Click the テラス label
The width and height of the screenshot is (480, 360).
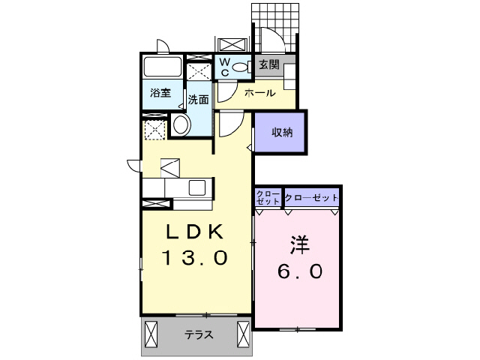pyautogui.click(x=197, y=335)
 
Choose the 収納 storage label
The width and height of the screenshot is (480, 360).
pyautogui.click(x=282, y=133)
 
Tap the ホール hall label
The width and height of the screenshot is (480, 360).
pyautogui.click(x=259, y=93)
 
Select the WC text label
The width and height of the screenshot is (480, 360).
pyautogui.click(x=224, y=67)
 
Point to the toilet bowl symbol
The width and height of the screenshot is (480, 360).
pyautogui.click(x=240, y=67)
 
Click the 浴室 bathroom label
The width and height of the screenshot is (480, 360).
pyautogui.click(x=160, y=94)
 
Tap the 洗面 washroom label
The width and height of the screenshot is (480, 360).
pyautogui.click(x=199, y=99)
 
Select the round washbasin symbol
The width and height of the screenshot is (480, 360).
pyautogui.click(x=181, y=125)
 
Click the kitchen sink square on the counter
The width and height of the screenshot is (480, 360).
pyautogui.click(x=199, y=187)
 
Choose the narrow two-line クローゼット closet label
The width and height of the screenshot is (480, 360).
pyautogui.click(x=268, y=197)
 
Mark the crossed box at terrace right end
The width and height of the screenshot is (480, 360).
pyautogui.click(x=244, y=331)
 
